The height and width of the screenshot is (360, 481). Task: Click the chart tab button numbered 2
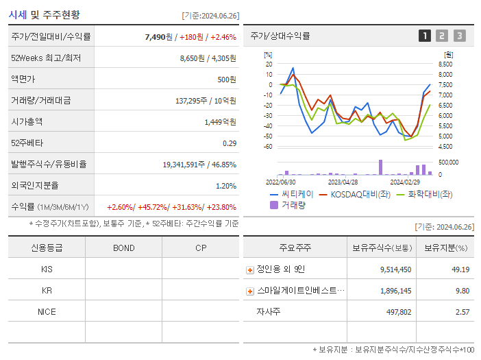tap(442, 36)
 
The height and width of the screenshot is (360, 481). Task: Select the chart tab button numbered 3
tap(459, 36)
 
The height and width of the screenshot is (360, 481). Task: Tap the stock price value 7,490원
tap(156, 37)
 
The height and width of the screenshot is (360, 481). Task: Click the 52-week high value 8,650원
tap(194, 58)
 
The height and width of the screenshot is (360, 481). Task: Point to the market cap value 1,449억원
tap(220, 122)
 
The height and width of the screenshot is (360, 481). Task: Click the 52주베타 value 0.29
tap(230, 143)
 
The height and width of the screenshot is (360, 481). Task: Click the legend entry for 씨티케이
tap(293, 194)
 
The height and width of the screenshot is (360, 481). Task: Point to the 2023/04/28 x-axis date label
tap(343, 182)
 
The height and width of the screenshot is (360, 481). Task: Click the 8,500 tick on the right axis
tap(445, 64)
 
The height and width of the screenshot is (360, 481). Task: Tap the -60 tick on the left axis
tap(268, 147)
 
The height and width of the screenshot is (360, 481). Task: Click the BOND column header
tap(123, 248)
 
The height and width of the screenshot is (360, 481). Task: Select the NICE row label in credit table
tap(47, 312)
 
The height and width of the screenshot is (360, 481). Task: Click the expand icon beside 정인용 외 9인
tap(249, 269)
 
